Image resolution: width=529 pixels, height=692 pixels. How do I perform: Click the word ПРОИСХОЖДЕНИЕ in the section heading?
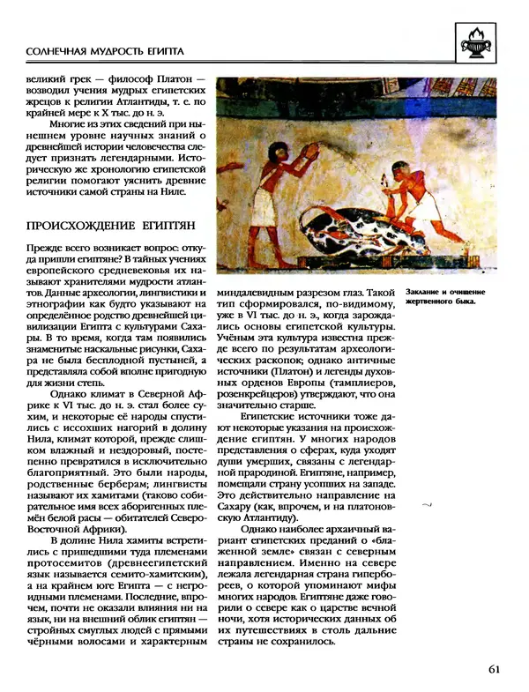click(x=79, y=226)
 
